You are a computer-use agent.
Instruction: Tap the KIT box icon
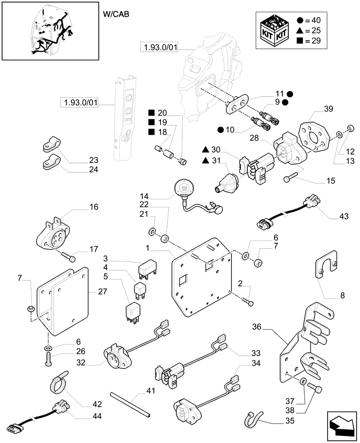272,31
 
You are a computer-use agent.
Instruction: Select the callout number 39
328,109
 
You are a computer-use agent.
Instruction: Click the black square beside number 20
151,112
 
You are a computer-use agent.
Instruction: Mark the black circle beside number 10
221,129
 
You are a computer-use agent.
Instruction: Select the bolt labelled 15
290,179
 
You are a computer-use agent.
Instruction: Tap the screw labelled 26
48,358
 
